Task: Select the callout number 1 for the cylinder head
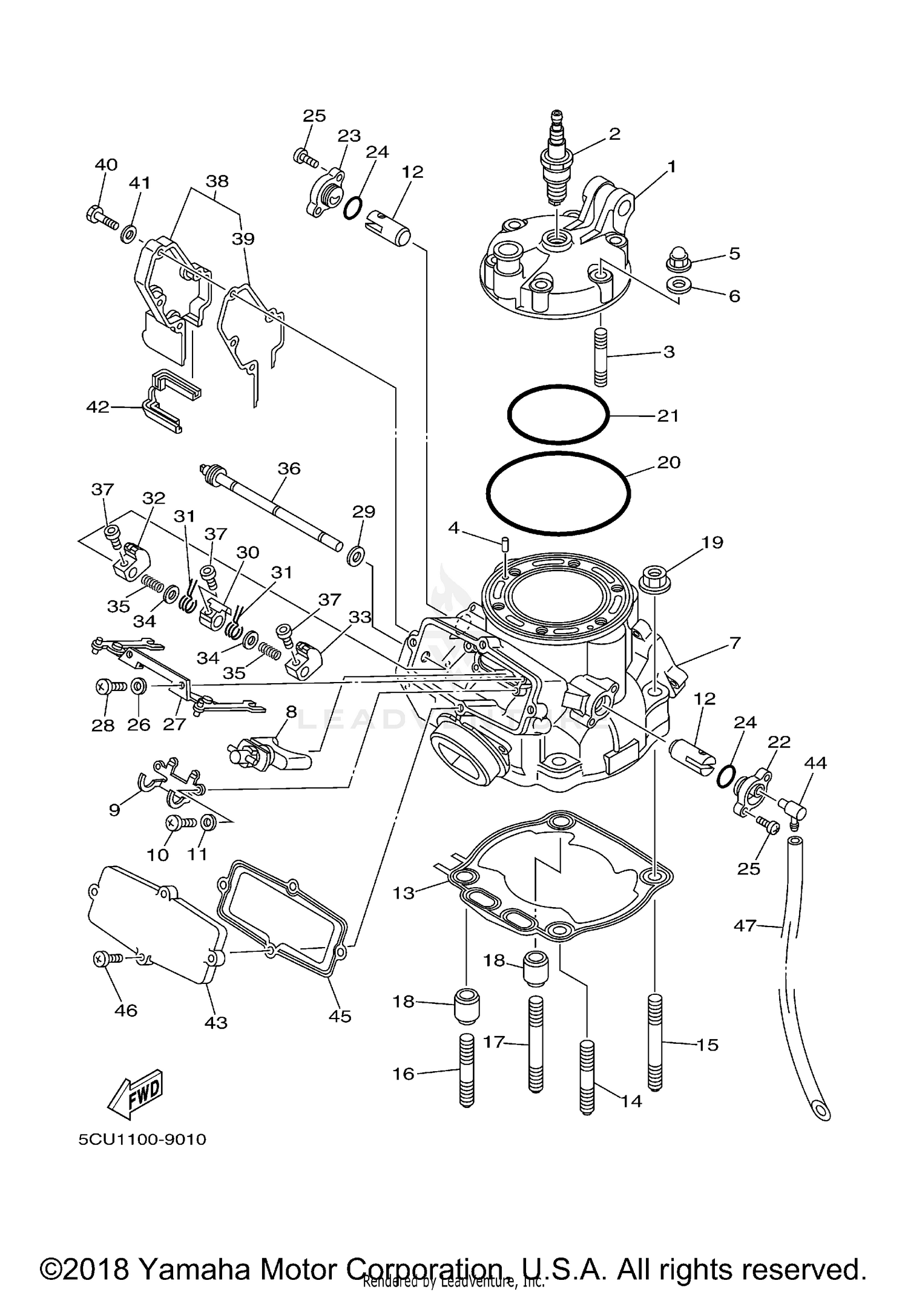671,166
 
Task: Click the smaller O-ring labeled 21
558,413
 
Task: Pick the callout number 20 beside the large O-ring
669,462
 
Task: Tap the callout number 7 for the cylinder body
734,643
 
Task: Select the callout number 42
97,407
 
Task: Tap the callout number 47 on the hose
745,925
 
